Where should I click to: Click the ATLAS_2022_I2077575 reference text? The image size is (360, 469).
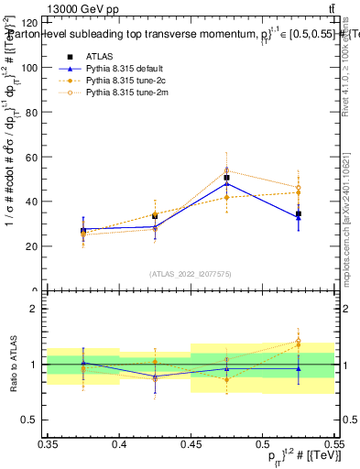pyautogui.click(x=191, y=274)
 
